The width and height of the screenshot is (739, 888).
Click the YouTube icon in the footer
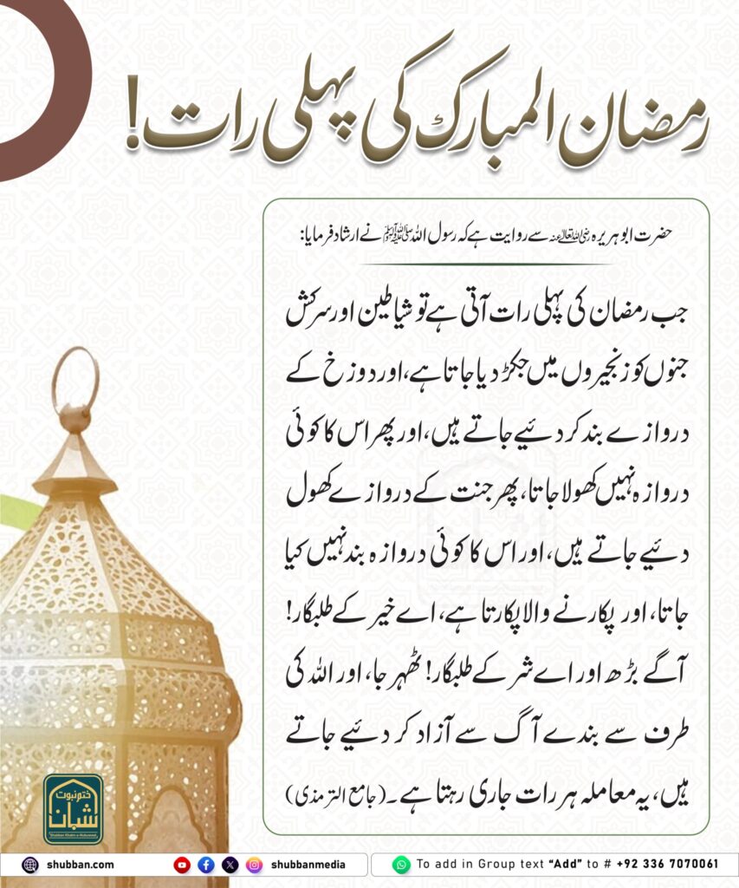[x=182, y=864]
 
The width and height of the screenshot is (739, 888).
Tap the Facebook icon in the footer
[x=205, y=864]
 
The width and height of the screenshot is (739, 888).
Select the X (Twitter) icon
[x=230, y=864]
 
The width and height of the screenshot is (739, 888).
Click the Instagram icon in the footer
[x=254, y=864]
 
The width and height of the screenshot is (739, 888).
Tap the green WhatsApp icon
[x=400, y=864]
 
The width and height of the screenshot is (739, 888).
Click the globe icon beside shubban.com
[x=29, y=864]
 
